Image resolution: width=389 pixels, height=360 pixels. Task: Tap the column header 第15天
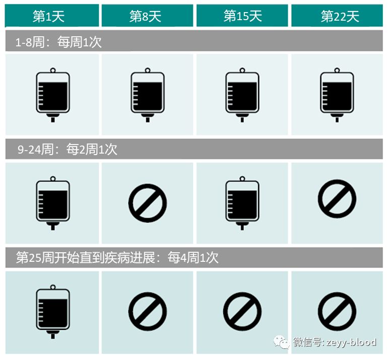tap(242, 16)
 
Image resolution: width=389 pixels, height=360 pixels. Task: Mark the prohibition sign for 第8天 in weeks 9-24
tap(147, 202)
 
